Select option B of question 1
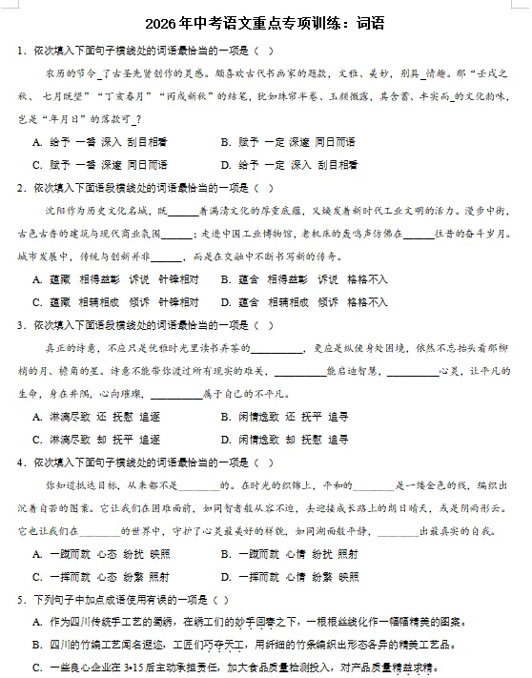pos(224,141)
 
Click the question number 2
pos(20,188)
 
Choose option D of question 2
pos(224,302)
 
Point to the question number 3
pos(20,325)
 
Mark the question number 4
pos(20,462)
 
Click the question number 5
pos(20,600)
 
